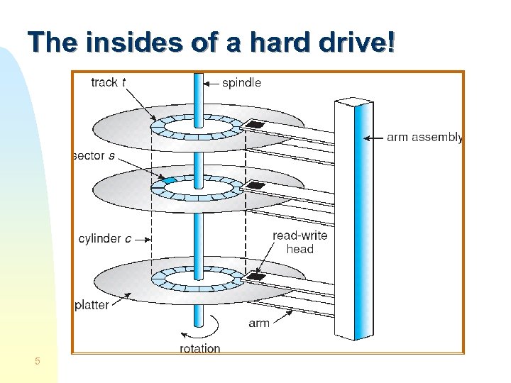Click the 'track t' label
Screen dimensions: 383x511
[109, 82]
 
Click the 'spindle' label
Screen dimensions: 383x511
[241, 83]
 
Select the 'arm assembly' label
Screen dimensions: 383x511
[424, 138]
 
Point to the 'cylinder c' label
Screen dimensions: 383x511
[104, 239]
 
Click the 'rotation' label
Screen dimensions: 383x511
[199, 348]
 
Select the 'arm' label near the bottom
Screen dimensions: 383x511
[260, 323]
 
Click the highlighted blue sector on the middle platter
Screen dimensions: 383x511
[169, 181]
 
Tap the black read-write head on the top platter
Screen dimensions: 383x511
[253, 126]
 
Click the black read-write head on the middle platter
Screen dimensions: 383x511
[254, 187]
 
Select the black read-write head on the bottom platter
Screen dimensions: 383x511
[255, 276]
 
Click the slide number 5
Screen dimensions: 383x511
[38, 362]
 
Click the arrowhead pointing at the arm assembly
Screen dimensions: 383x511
[367, 138]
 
